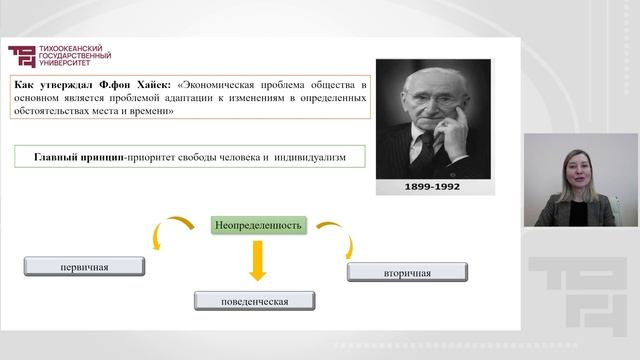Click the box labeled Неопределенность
point(257,225)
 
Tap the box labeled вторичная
point(407,271)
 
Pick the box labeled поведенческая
point(254,299)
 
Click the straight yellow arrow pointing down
point(257,262)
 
